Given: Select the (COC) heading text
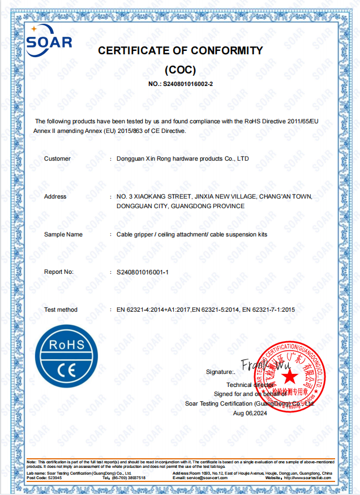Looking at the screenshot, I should [x=180, y=70].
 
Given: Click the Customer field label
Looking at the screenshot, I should [x=57, y=159].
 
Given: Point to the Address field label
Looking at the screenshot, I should [x=55, y=197].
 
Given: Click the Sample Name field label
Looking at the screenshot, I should [x=63, y=234].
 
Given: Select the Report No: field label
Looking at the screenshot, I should [x=59, y=272].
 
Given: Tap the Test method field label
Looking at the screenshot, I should [x=61, y=310].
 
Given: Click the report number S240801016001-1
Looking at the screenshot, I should [x=143, y=272].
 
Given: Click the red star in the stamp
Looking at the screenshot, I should [x=290, y=375].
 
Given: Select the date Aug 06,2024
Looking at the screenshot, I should [x=249, y=413].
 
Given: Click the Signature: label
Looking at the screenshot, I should [x=220, y=372].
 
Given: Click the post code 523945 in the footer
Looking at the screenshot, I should [x=55, y=478].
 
